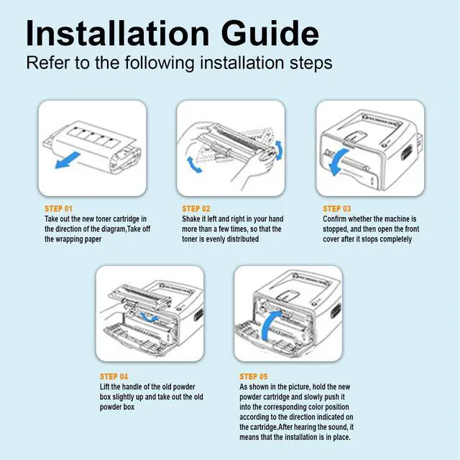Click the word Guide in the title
(270, 33)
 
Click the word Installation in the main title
(118, 33)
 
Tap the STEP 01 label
(58, 208)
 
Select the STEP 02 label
(196, 208)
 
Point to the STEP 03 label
(337, 208)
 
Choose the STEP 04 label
(114, 377)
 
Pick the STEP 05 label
(254, 377)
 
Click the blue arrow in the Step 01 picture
(67, 160)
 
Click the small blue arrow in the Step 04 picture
(149, 318)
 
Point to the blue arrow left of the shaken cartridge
(193, 165)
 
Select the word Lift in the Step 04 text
(104, 387)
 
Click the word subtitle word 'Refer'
(48, 63)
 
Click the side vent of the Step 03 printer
(406, 153)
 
